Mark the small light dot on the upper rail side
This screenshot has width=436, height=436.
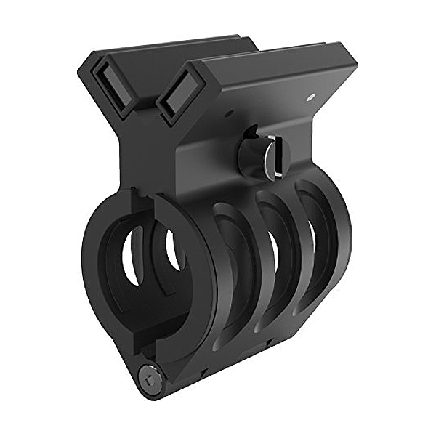[x=310, y=96]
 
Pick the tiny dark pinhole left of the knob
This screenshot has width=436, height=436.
[x=228, y=113]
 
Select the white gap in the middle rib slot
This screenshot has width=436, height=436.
[x=274, y=254]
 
